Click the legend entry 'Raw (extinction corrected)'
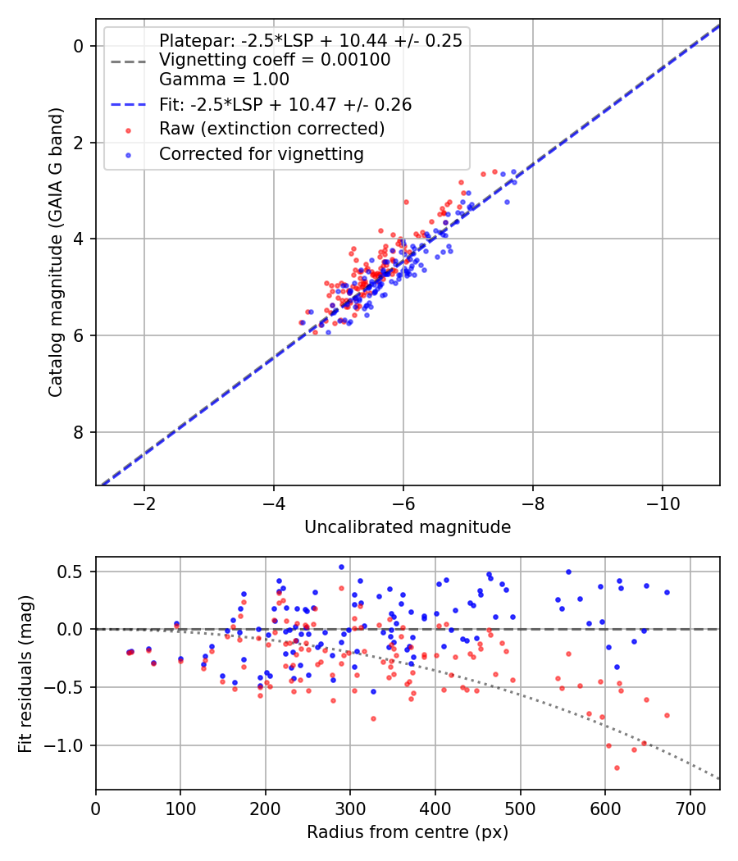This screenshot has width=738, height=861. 271,129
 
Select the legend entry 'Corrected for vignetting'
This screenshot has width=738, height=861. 262,153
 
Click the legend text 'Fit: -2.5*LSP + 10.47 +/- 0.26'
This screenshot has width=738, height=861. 285,104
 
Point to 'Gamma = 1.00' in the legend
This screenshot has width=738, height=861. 224,80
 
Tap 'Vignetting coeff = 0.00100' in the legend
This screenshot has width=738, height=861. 275,60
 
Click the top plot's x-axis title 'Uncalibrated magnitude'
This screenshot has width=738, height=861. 408,527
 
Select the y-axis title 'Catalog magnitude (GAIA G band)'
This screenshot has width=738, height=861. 55,251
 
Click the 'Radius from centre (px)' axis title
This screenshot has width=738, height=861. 408,832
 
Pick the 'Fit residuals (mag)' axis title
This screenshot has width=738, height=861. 25,673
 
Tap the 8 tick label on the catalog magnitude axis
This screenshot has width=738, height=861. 80,432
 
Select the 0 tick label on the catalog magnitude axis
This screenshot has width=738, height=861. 80,46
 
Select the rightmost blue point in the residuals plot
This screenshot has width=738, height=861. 667,592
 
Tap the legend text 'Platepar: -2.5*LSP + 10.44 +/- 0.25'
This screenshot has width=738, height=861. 311,40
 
